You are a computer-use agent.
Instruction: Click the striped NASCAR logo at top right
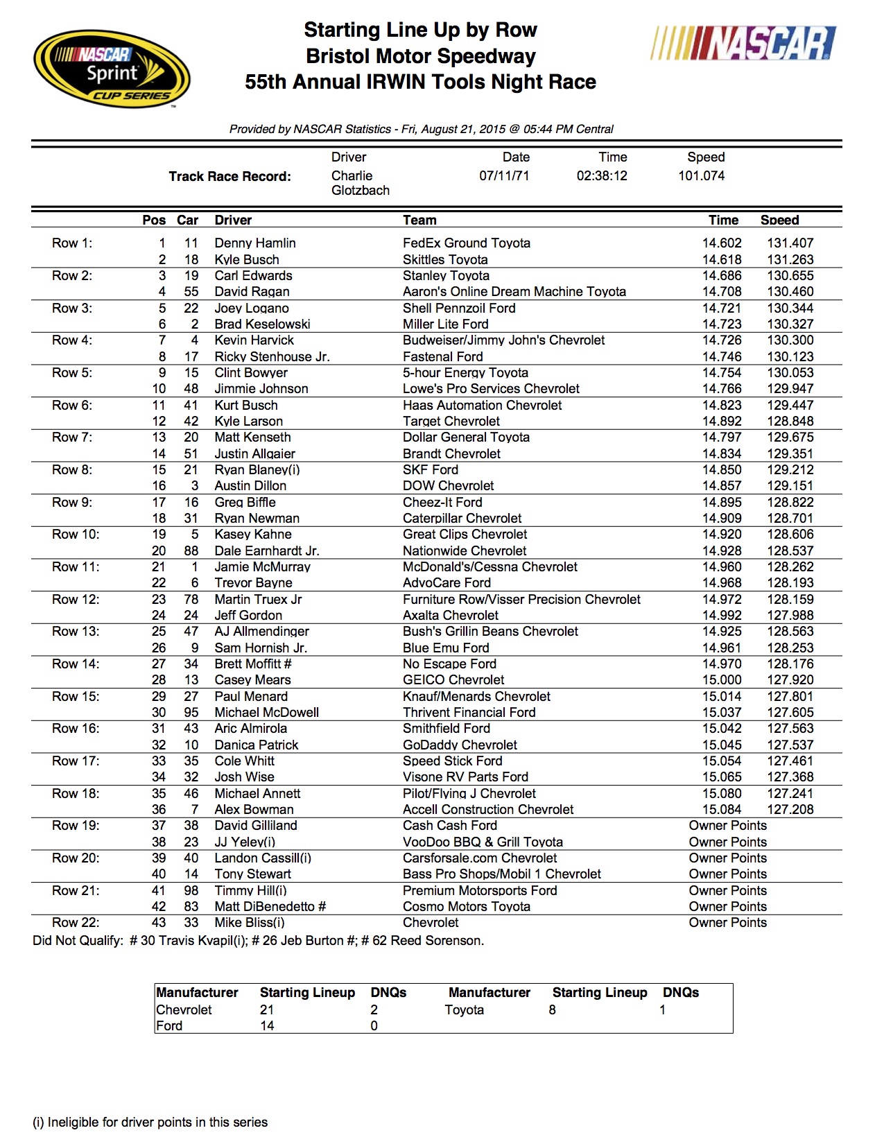743,43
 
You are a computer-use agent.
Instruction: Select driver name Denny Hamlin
254,243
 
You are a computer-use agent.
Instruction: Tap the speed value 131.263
790,259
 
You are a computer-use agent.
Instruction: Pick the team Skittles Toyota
444,259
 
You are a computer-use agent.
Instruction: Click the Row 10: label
76,535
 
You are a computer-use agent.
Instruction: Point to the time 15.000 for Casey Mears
721,680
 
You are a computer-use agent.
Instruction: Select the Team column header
419,220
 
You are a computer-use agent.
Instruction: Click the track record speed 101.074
701,176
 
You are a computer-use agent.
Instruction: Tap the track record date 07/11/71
504,176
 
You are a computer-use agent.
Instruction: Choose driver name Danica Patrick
256,745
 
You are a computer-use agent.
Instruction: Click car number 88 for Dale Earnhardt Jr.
191,551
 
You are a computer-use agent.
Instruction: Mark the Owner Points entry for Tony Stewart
727,874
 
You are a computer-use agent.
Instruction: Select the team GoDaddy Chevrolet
460,745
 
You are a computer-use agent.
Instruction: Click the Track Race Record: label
229,177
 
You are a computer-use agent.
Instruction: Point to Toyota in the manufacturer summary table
464,1010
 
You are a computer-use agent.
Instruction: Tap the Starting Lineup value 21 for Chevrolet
267,1010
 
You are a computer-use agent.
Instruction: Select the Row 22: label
76,923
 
